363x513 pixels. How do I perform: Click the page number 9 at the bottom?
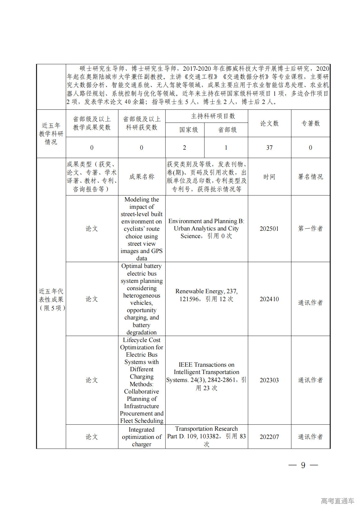tap(303, 465)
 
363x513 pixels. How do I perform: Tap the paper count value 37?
tap(269, 148)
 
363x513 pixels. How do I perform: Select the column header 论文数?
tap(269, 123)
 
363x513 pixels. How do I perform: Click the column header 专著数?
tap(310, 123)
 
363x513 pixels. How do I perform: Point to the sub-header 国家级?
tap(189, 130)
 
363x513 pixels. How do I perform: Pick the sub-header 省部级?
tap(227, 130)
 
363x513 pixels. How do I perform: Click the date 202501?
tap(269, 229)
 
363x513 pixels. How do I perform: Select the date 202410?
tap(269, 299)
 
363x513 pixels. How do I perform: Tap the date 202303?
tap(269, 380)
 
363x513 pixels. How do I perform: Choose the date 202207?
tap(269, 437)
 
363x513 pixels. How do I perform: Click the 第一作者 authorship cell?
tap(310, 229)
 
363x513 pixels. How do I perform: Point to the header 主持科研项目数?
tap(213, 116)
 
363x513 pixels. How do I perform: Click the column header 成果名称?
tap(142, 177)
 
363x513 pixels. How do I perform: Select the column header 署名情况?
tap(310, 177)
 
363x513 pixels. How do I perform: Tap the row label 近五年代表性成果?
tap(51, 299)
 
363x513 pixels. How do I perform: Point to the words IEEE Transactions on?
tap(206, 365)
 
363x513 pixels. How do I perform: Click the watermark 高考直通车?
tap(337, 501)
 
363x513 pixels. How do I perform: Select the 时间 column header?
tap(269, 177)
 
